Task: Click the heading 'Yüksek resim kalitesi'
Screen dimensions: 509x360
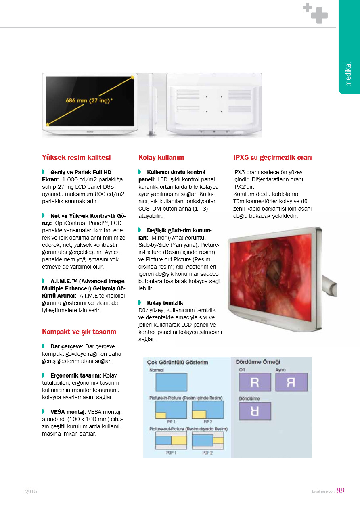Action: (x=76, y=157)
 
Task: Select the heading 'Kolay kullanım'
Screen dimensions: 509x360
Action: (x=161, y=157)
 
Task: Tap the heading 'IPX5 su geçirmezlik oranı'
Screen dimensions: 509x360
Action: (x=273, y=157)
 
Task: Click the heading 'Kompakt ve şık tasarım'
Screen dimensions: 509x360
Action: (x=79, y=332)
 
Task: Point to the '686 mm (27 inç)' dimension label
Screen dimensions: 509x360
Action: (x=89, y=100)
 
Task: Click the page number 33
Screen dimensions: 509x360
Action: (x=340, y=491)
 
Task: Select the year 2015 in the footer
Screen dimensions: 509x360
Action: (x=31, y=492)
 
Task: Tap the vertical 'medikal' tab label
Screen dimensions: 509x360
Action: (x=349, y=74)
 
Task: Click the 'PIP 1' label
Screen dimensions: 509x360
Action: (x=171, y=421)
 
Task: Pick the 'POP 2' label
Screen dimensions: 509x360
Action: (x=207, y=453)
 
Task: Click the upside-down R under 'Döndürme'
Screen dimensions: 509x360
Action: (x=255, y=411)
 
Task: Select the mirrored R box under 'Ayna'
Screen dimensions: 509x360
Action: (x=291, y=382)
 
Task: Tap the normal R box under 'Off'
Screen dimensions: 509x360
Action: (x=255, y=382)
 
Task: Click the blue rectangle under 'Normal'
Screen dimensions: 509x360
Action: (x=171, y=382)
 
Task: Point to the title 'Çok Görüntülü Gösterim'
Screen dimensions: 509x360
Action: (x=178, y=362)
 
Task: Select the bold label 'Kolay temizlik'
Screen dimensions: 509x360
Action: (x=165, y=303)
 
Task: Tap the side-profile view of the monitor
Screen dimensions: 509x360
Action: (x=151, y=104)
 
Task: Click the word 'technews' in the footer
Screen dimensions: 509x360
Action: (x=323, y=492)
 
